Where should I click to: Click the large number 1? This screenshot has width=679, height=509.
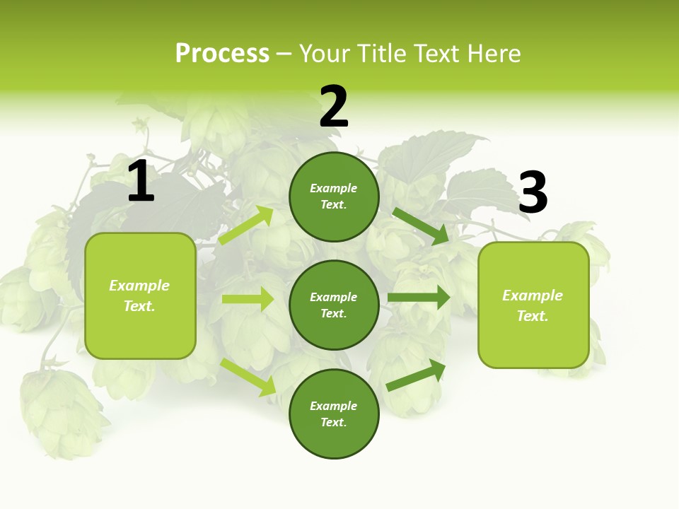pos(141,182)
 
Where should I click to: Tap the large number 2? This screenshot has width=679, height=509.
pos(334,107)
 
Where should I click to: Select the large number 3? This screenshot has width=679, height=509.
pos(533,192)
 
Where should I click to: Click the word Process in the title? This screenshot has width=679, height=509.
pos(222,53)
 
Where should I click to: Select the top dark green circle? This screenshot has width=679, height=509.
pos(334,197)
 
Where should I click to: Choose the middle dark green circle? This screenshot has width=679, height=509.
pos(334,305)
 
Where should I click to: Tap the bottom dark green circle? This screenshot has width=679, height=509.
pos(334,414)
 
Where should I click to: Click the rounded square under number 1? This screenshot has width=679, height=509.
pos(140,296)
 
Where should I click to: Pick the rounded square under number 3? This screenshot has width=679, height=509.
pos(533,305)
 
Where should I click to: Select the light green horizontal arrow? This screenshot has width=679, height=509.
pos(248,299)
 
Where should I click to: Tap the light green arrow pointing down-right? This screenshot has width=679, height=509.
pos(248,377)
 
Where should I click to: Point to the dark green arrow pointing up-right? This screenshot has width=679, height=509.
pos(416,375)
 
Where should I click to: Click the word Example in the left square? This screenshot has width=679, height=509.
pos(139,286)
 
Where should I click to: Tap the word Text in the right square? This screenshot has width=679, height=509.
pos(532,316)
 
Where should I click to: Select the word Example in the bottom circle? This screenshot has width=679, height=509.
pos(334,406)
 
